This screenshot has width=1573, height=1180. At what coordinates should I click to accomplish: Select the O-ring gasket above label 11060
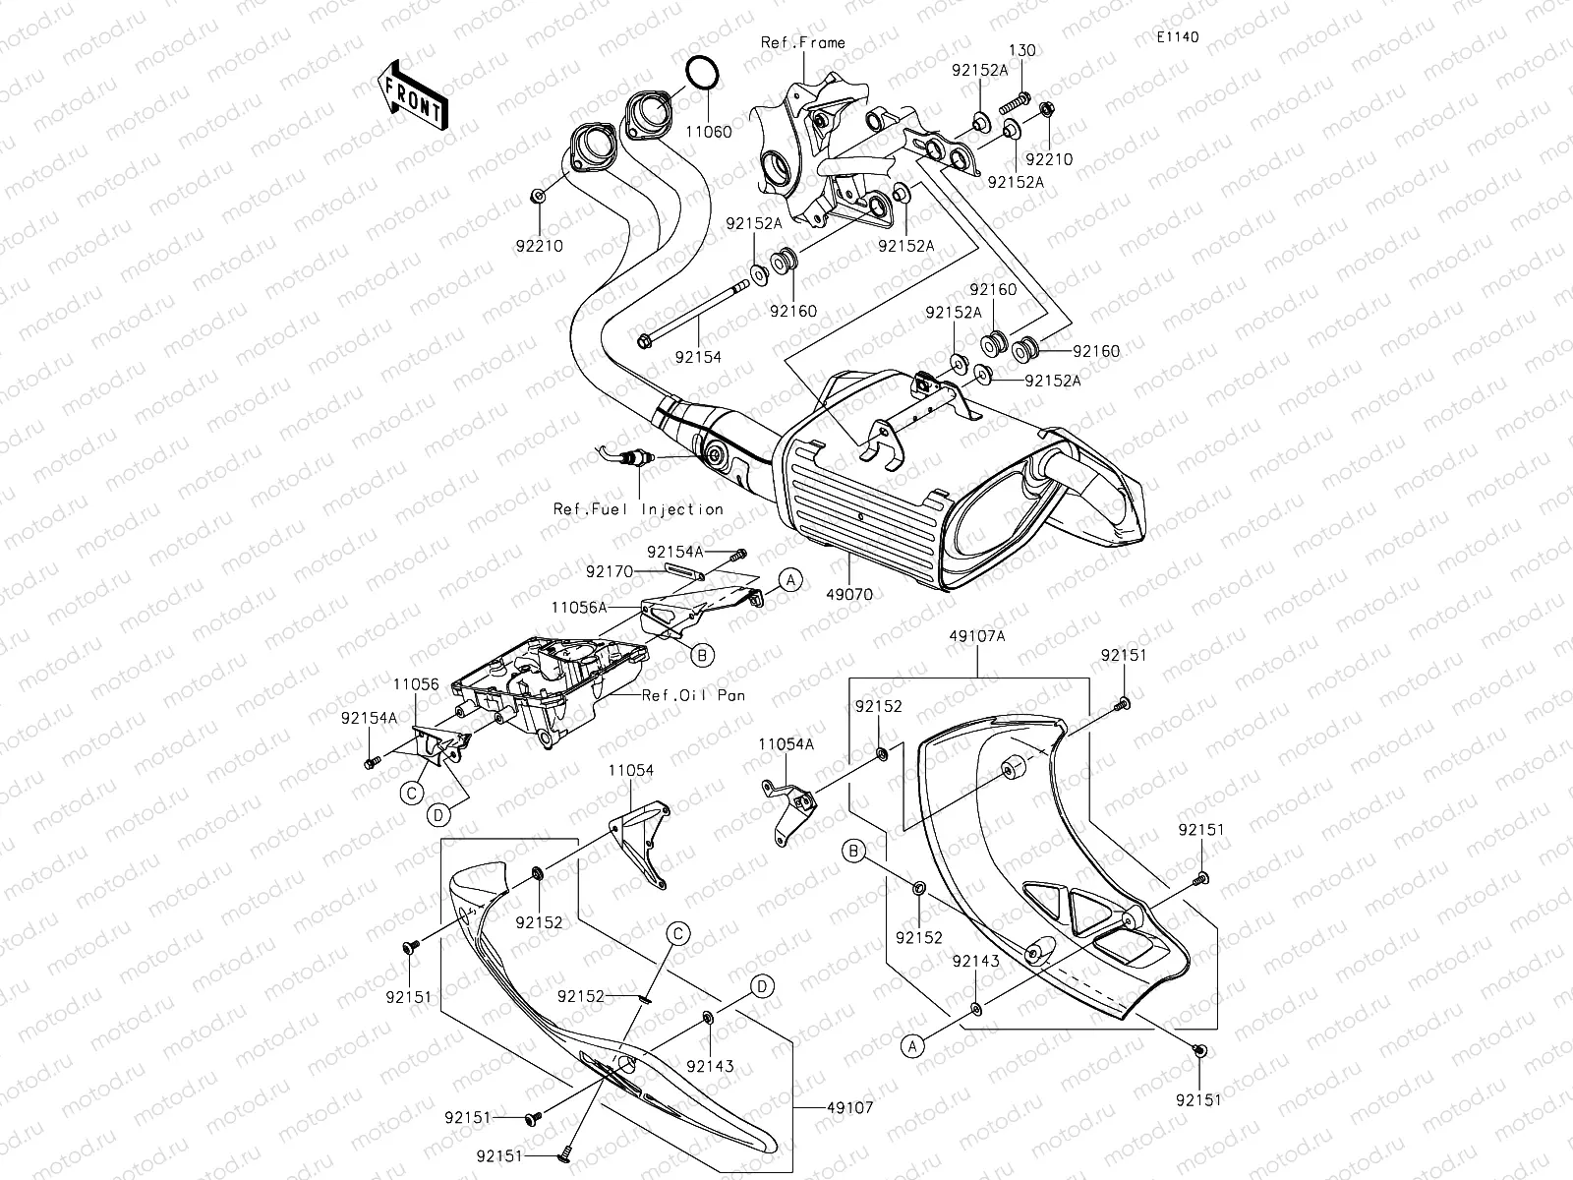pyautogui.click(x=700, y=74)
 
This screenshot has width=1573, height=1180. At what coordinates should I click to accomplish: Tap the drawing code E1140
pyautogui.click(x=1177, y=37)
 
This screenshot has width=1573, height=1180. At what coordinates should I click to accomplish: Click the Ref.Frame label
pyautogui.click(x=802, y=42)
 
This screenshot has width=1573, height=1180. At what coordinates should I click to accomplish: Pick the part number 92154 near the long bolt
pyautogui.click(x=698, y=357)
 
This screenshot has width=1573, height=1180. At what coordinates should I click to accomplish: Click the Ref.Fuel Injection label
pyautogui.click(x=638, y=509)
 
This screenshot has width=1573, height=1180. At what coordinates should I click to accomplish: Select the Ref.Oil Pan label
pyautogui.click(x=693, y=695)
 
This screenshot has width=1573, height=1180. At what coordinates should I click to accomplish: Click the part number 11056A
pyautogui.click(x=578, y=609)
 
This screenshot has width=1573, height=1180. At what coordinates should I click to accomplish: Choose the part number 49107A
pyautogui.click(x=977, y=636)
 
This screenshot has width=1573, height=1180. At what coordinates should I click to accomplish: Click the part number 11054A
pyautogui.click(x=786, y=746)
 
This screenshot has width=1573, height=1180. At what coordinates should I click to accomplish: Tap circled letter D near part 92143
pyautogui.click(x=761, y=985)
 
